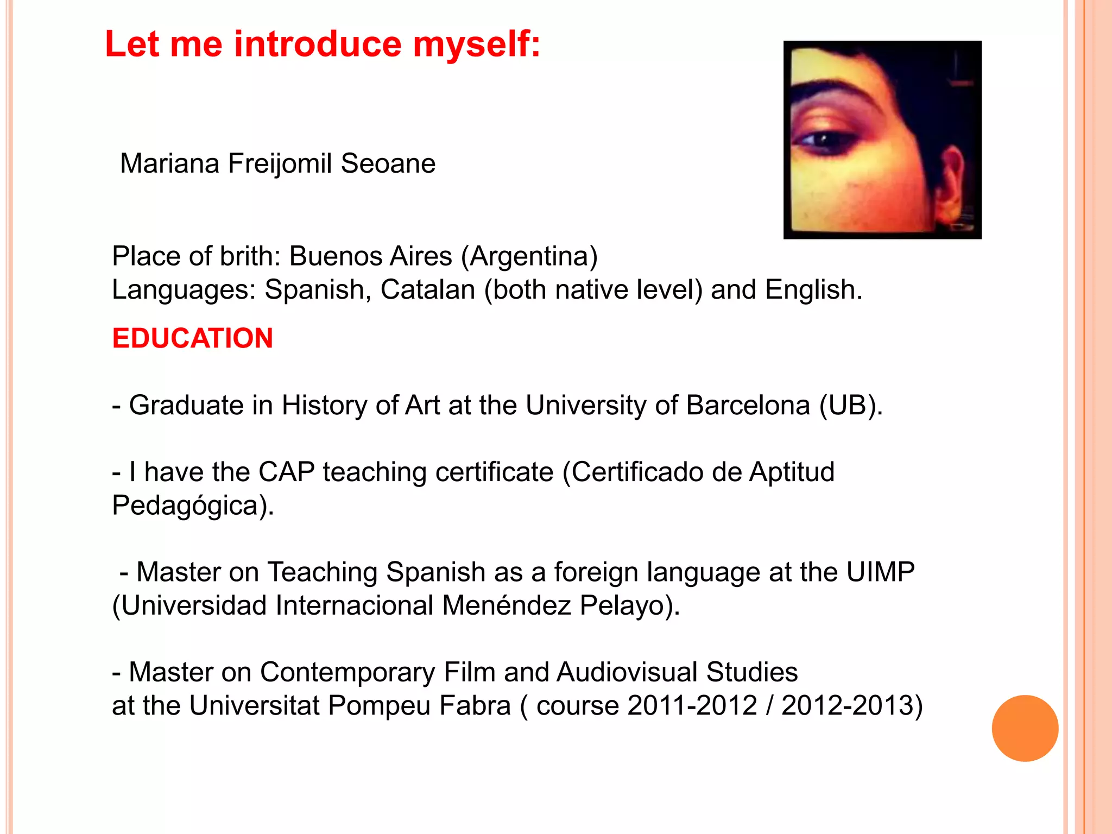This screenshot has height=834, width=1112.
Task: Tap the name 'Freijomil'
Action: [x=280, y=163]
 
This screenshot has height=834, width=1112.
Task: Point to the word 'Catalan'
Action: [x=427, y=289]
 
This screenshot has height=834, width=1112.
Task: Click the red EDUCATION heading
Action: [x=193, y=338]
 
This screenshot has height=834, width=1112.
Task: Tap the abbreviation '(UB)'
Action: [x=851, y=405]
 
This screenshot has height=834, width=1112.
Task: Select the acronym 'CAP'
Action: [x=286, y=472]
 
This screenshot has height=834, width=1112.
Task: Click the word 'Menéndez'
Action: [x=506, y=605]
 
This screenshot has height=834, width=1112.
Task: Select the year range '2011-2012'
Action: [x=692, y=706]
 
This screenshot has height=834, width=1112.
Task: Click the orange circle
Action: [x=1025, y=728]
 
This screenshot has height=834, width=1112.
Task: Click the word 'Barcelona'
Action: [x=748, y=405]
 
